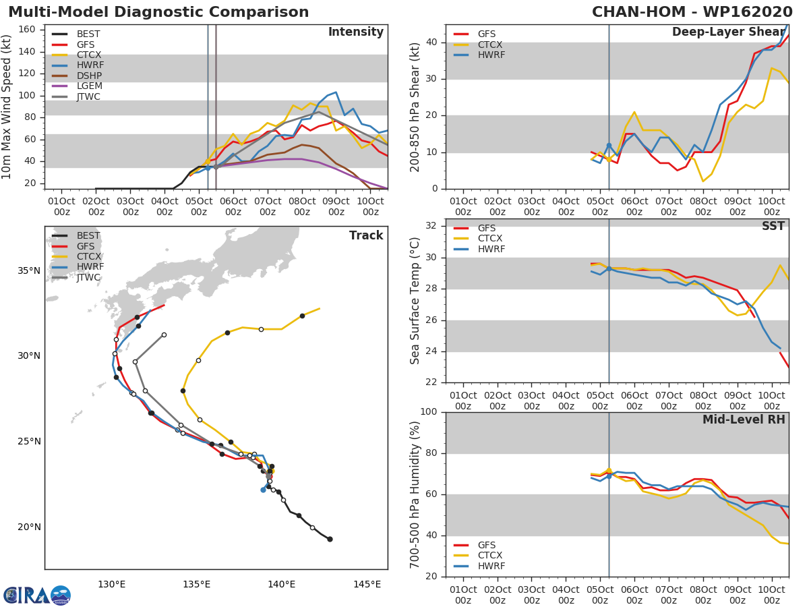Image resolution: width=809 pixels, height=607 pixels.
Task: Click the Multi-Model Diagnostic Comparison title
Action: coord(158,12)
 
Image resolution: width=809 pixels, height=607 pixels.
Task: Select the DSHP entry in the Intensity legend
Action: coord(88,76)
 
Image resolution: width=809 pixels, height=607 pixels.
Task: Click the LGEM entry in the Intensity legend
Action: coord(88,86)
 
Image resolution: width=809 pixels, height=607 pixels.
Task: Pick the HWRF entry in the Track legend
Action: coord(90,267)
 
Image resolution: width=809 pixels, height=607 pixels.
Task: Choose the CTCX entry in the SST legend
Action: coord(490,239)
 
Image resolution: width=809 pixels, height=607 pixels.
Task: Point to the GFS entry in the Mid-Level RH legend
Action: coord(487,546)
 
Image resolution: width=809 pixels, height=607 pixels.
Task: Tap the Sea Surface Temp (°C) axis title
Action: coord(415,301)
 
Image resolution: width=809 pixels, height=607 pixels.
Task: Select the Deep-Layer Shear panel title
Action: coord(728,32)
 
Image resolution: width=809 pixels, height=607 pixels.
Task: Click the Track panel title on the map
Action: coord(365,235)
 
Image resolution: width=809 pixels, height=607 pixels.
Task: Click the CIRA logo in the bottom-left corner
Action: coord(37,596)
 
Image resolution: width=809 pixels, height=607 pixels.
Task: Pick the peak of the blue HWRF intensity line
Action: coord(336,92)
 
